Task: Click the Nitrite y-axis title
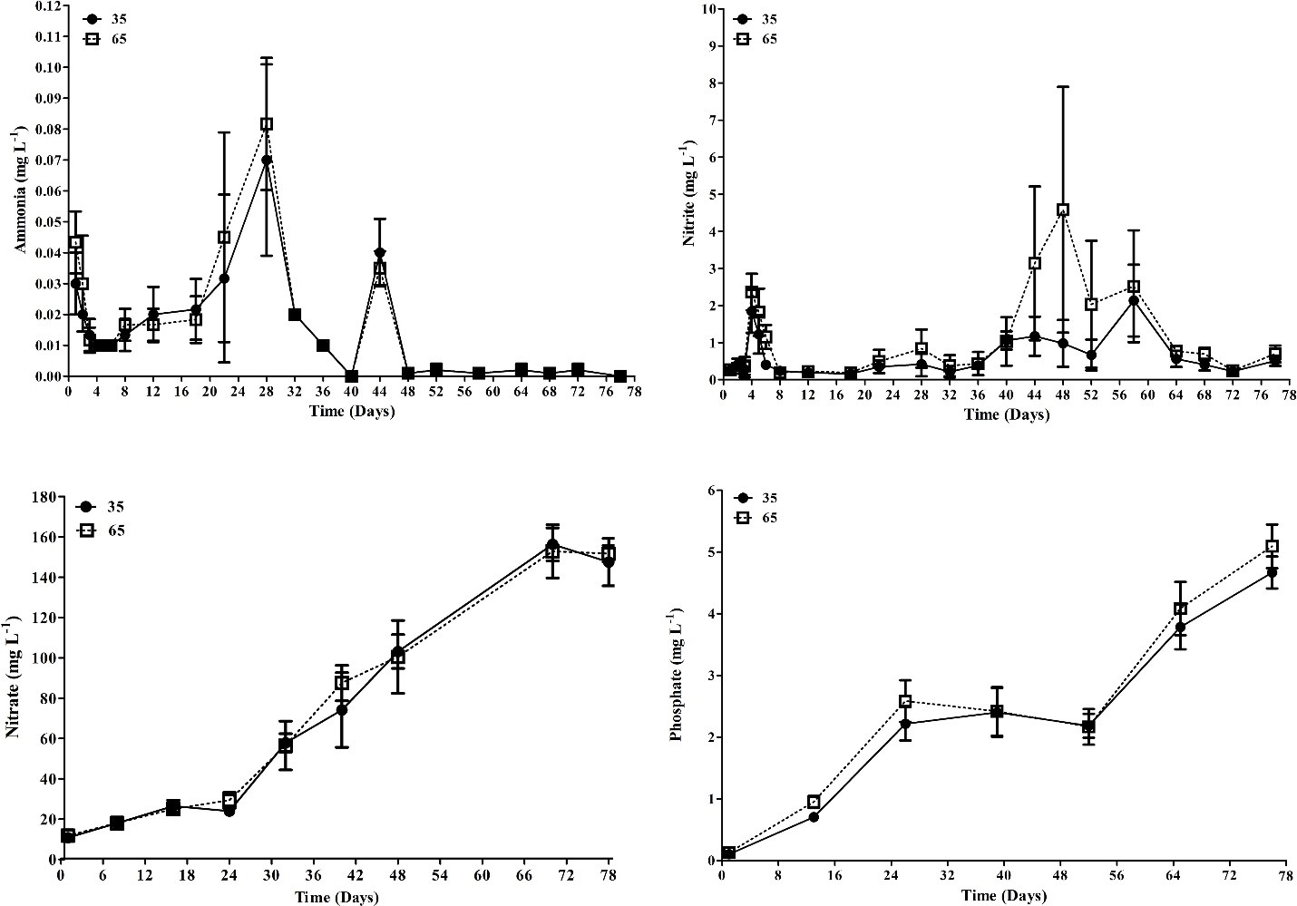(x=690, y=192)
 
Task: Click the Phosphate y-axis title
(x=676, y=678)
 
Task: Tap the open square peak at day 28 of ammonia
(x=267, y=123)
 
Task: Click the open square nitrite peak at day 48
(x=1063, y=209)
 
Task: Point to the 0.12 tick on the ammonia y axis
(x=48, y=6)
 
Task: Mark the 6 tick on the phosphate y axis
(x=710, y=491)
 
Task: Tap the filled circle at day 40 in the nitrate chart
(x=342, y=710)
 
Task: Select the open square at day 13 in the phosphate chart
(x=814, y=802)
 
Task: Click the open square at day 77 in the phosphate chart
(x=1273, y=546)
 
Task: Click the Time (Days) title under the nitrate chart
(x=336, y=897)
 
